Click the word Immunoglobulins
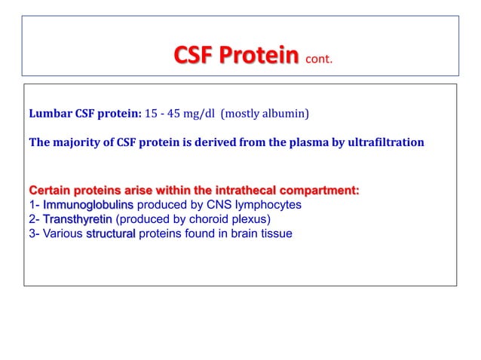pos(88,204)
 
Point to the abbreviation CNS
pos(198,204)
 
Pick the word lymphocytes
pos(258,204)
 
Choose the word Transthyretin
pos(78,219)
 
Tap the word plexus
pos(249,219)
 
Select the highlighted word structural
pos(111,233)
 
